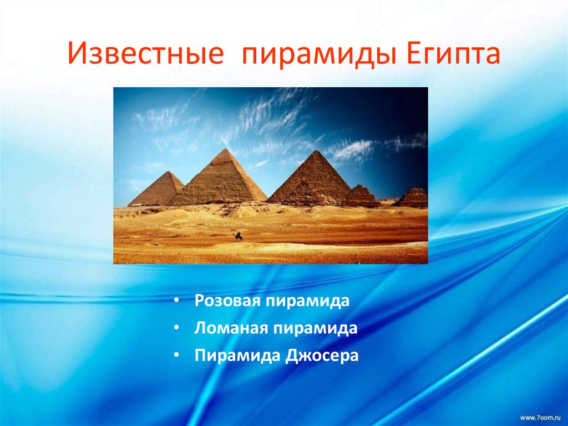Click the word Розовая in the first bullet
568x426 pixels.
(227, 301)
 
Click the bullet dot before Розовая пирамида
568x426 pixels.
(175, 301)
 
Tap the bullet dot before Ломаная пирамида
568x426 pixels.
(175, 328)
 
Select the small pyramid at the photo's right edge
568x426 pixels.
(414, 198)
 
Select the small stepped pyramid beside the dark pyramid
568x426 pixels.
(361, 196)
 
